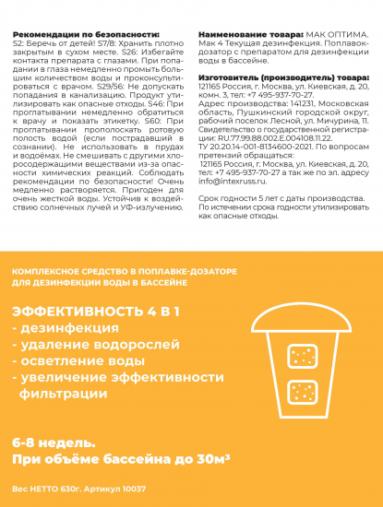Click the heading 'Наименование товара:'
[x=243, y=32]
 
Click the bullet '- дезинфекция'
[x=60, y=329]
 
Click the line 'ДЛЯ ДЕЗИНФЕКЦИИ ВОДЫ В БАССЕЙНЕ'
[x=101, y=282]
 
